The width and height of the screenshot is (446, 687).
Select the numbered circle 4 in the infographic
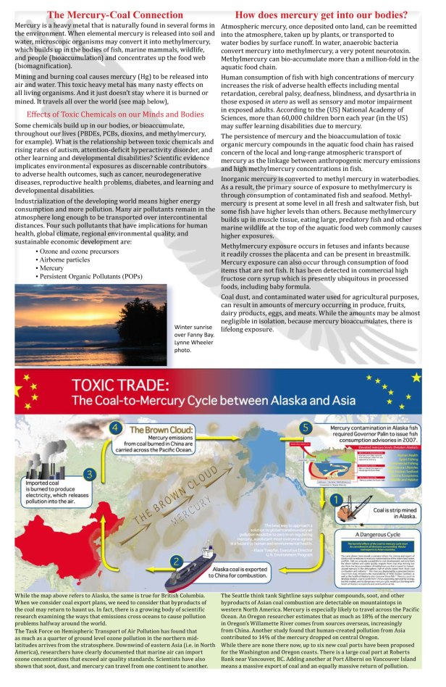114,428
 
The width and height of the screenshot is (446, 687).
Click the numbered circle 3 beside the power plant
89,474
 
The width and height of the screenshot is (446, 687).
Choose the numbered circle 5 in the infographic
306,428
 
